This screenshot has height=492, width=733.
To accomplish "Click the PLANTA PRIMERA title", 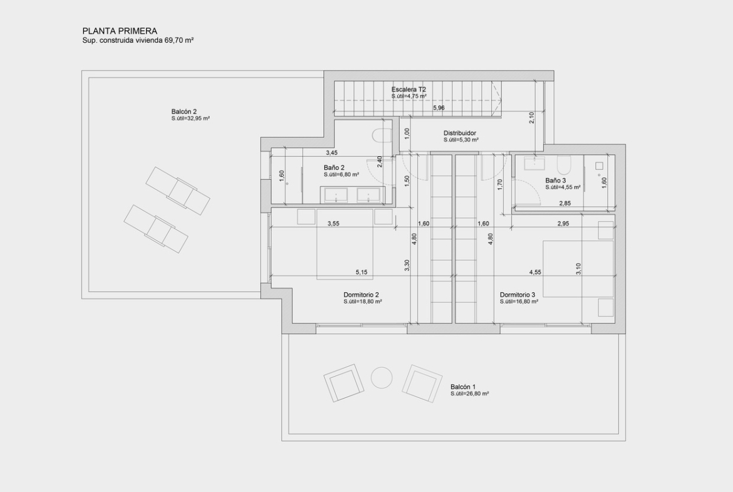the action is click(120, 31).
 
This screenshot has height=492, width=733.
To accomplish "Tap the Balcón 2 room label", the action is click(184, 112).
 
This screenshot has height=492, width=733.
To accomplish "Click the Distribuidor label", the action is click(460, 133).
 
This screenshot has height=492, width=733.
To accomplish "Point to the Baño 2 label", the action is click(335, 167).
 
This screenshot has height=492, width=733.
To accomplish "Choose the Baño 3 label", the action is click(556, 181).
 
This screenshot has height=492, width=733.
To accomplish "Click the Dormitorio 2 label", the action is click(361, 295).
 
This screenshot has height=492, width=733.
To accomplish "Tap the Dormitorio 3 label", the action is click(517, 295).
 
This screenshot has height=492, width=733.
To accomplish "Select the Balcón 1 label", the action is click(463, 387).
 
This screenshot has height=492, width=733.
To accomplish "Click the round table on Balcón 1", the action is click(382, 378).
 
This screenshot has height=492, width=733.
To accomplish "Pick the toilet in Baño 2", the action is click(382, 135).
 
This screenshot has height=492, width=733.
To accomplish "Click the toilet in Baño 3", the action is click(563, 165).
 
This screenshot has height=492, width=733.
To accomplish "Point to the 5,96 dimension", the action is click(439, 108).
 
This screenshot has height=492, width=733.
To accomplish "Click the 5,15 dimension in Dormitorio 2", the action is click(362, 272).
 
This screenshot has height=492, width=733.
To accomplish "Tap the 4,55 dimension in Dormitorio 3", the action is click(535, 272).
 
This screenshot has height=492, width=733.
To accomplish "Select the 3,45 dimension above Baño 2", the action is click(331, 153).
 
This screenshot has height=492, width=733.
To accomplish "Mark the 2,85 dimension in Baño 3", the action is click(564, 204).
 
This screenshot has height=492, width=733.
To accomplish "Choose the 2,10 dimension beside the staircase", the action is click(531, 118).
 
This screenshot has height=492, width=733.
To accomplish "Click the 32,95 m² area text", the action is click(198, 119).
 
